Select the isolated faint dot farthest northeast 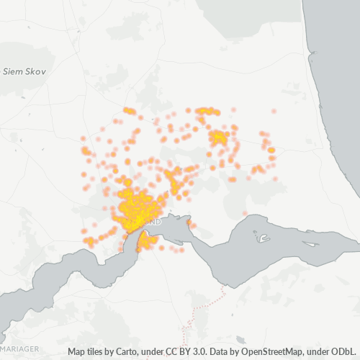coord(274,112)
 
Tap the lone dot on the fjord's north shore coord(245,213)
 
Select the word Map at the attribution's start coord(78,352)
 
